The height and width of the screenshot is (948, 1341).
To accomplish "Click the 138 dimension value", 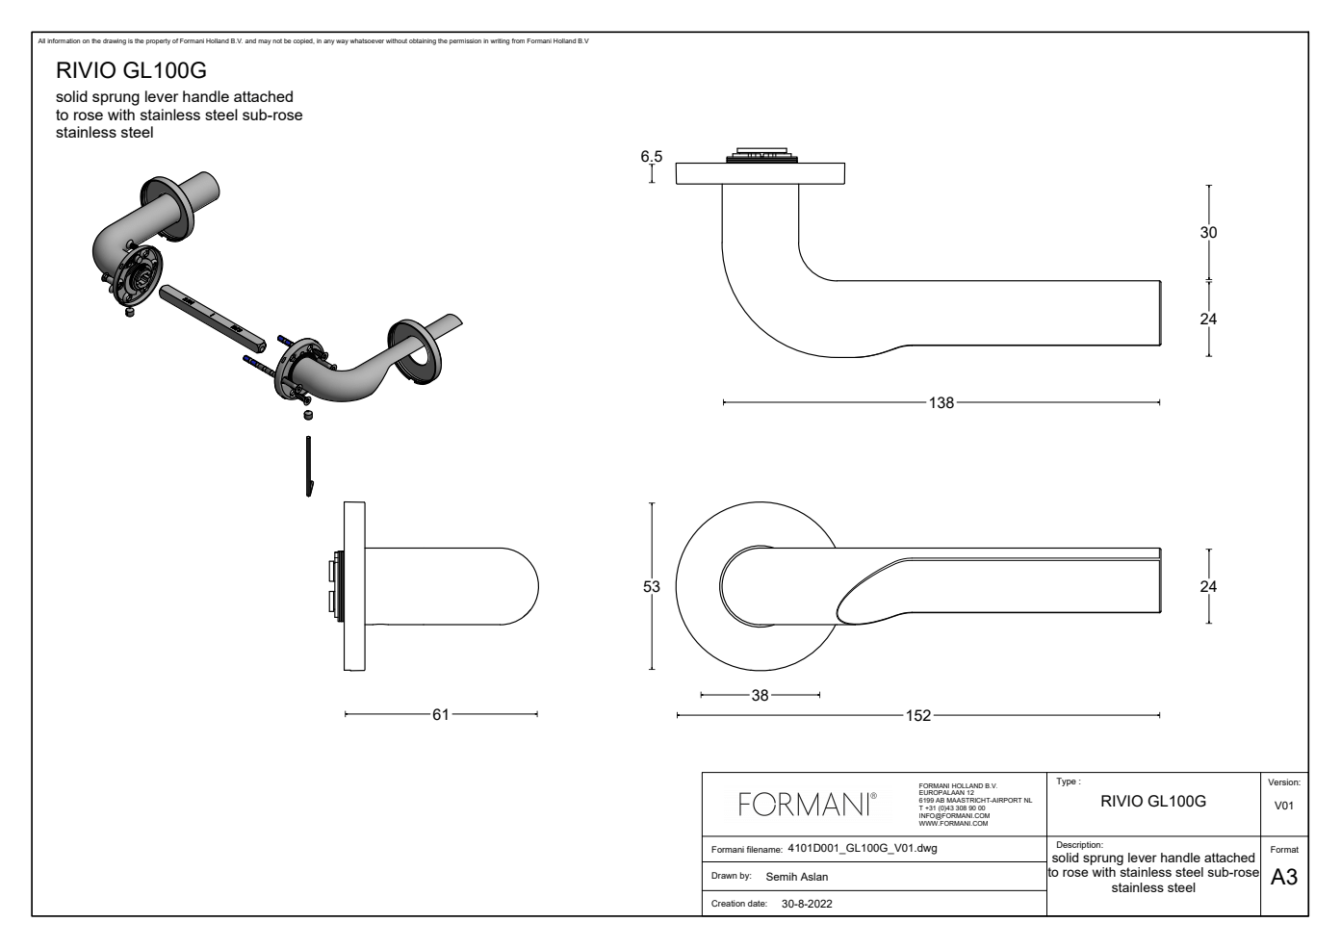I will coord(941,403).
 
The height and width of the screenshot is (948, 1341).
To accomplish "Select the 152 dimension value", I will coord(918,716).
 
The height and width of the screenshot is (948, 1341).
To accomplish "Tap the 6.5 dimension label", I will coord(652,157).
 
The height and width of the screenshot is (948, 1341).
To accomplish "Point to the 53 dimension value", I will coord(652,586).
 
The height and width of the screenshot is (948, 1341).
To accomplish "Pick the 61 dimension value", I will coord(440,715).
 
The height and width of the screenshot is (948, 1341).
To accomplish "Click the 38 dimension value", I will coord(760,695).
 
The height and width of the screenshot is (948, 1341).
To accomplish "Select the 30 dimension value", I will coord(1208,233).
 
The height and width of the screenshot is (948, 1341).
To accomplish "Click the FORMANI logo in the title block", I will coord(807,805).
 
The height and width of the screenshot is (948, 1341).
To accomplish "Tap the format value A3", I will coord(1284,878).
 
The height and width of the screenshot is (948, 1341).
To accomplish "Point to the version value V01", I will coord(1284,807).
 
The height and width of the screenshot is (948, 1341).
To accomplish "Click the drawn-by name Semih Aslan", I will coord(796,877).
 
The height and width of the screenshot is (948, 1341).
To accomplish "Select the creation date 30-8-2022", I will coord(807,904).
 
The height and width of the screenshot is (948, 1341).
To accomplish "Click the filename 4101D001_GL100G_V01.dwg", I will coord(862,849).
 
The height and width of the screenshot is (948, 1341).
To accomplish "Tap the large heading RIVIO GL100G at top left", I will coord(131,71).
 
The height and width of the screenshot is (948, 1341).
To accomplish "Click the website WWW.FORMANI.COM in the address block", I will coord(953,824).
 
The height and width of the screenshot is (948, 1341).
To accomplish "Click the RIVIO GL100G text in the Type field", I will coord(1152,801).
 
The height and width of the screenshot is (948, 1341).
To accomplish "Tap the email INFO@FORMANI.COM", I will coord(954,816).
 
